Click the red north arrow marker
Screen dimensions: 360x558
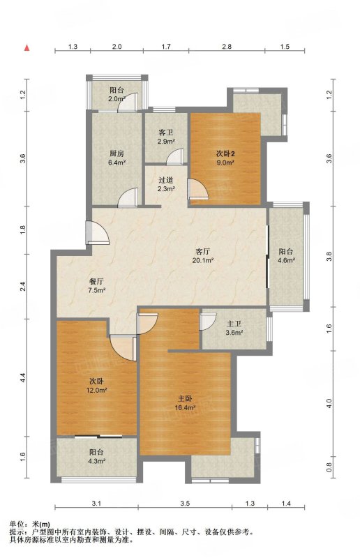[27, 47]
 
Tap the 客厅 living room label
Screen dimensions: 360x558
[202, 252]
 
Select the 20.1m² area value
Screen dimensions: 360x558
[202, 260]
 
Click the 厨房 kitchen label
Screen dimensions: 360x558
[117, 154]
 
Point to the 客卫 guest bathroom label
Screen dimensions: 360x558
[166, 133]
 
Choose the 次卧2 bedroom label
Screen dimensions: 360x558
[225, 154]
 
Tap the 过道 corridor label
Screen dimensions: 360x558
[166, 180]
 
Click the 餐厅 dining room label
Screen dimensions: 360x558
[96, 281]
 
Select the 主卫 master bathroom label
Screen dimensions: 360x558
[234, 324]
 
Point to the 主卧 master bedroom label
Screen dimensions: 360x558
[185, 398]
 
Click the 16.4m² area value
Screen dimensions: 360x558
[185, 408]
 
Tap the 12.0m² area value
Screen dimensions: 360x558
[96, 390]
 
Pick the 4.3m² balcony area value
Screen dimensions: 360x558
[96, 461]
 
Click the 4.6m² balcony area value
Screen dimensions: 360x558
[286, 260]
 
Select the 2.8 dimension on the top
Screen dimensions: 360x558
[227, 46]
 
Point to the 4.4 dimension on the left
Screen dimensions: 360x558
[23, 377]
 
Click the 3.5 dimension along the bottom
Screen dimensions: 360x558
[185, 504]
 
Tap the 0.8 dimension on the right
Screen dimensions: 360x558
[329, 467]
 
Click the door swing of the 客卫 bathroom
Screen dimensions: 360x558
[175, 156]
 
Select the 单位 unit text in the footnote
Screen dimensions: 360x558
[17, 524]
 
